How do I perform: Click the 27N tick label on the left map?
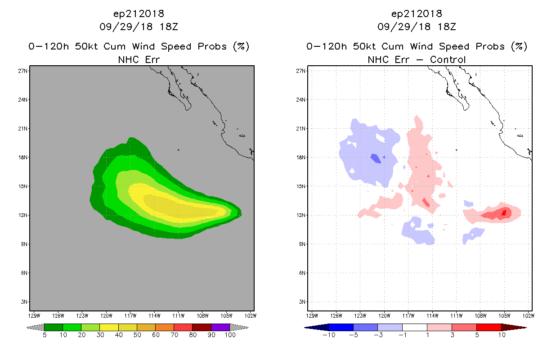click(22, 71)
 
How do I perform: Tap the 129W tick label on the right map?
click(312, 316)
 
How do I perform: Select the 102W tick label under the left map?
click(251, 316)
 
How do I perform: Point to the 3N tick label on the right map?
click(302, 302)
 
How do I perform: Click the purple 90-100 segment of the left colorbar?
click(220, 327)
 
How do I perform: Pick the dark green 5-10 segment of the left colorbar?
click(54, 327)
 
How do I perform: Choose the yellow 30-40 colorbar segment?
click(109, 327)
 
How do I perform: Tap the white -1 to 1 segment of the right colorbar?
click(414, 327)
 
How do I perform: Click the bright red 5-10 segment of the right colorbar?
click(489, 327)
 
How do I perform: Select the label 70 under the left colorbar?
click(174, 335)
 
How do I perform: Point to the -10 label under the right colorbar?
click(329, 335)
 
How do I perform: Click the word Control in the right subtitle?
click(448, 59)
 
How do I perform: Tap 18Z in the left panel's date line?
click(169, 27)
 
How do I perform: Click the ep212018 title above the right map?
click(417, 14)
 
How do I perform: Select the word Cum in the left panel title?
click(114, 46)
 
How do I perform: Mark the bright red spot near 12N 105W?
click(504, 213)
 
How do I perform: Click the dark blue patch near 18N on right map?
click(376, 158)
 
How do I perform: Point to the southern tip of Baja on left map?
click(188, 109)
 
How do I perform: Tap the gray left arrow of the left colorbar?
click(35, 328)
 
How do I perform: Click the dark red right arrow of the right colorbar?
click(514, 328)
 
